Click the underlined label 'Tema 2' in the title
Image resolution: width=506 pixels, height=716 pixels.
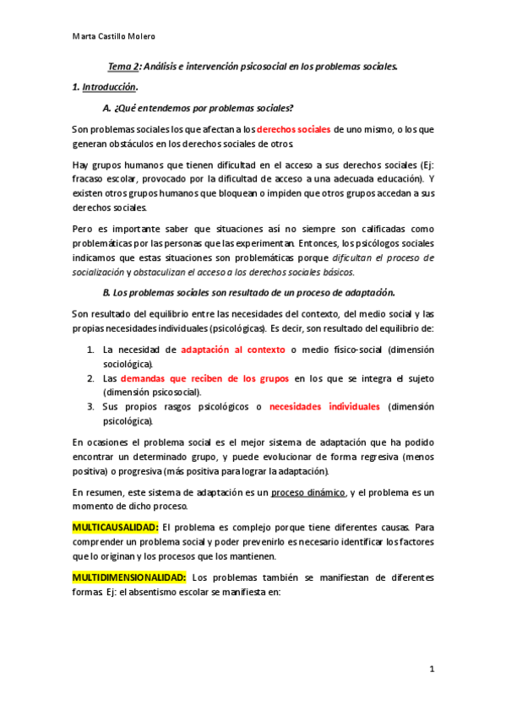(x=125, y=66)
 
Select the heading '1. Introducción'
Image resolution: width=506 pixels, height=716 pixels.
(x=104, y=87)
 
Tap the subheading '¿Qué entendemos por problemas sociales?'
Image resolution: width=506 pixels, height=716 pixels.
(x=208, y=108)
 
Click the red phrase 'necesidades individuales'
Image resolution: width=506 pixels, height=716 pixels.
(x=324, y=407)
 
